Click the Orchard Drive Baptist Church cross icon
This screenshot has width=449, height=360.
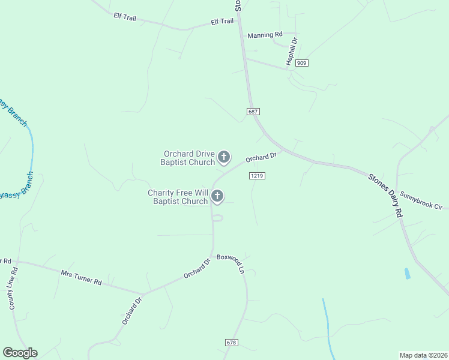click(224, 157)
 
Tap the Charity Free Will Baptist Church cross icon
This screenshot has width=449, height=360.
click(217, 196)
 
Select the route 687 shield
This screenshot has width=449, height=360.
click(253, 112)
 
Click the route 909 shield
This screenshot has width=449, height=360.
click(301, 63)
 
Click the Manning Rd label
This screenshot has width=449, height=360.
click(265, 35)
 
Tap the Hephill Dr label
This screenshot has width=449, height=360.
click(292, 52)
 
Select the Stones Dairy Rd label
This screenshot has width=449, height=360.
click(385, 194)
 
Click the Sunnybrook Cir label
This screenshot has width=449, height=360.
click(421, 200)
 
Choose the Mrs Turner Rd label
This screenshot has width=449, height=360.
click(81, 277)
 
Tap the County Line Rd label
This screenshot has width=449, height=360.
click(13, 288)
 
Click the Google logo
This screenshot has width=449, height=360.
click(20, 353)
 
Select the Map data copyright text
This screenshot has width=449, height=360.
click(423, 355)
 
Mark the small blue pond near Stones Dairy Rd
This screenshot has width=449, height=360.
click(408, 274)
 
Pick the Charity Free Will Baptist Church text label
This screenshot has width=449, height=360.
click(178, 197)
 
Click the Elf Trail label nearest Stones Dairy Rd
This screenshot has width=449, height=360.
click(222, 22)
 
